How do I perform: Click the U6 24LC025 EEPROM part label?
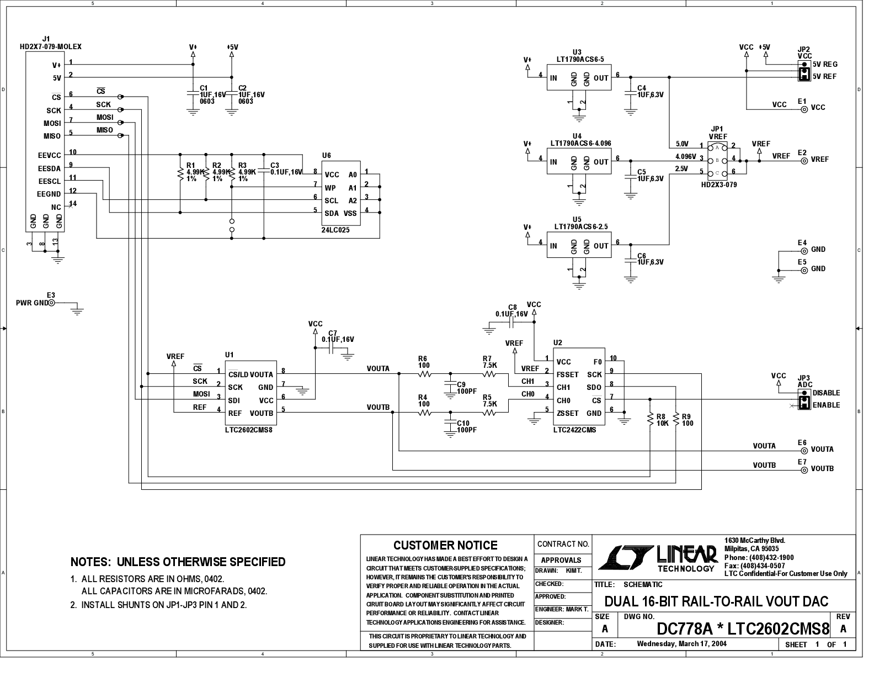[x=335, y=230]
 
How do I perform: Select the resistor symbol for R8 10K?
[x=650, y=420]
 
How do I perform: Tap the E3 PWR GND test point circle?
[x=51, y=303]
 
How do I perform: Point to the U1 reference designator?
[x=229, y=355]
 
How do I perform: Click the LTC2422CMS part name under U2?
[x=574, y=430]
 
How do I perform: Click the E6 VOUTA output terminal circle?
[x=804, y=451]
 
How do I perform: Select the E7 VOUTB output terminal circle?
[x=804, y=470]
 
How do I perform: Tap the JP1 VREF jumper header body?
[x=717, y=161]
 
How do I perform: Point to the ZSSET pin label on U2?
[x=568, y=413]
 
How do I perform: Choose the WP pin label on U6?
[x=330, y=188]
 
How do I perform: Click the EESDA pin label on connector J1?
[x=49, y=168]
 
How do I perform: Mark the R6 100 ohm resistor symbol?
[x=425, y=374]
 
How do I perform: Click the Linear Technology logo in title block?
[x=658, y=558]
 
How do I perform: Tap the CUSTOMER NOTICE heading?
[x=445, y=545]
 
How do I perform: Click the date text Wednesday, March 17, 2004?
[x=682, y=643]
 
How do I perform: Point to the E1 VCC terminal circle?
[x=804, y=109]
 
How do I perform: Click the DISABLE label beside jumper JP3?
[x=826, y=393]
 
